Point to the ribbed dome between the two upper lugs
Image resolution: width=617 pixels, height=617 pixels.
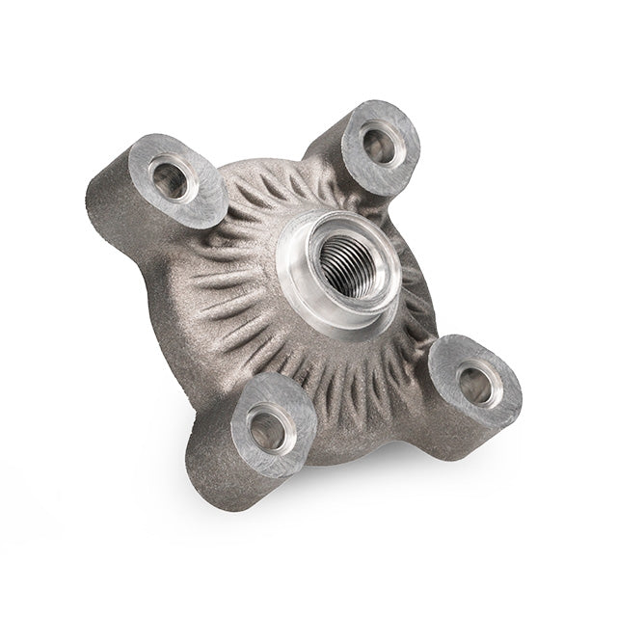click(280, 188)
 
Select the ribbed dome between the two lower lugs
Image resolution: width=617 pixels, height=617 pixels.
click(357, 386)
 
